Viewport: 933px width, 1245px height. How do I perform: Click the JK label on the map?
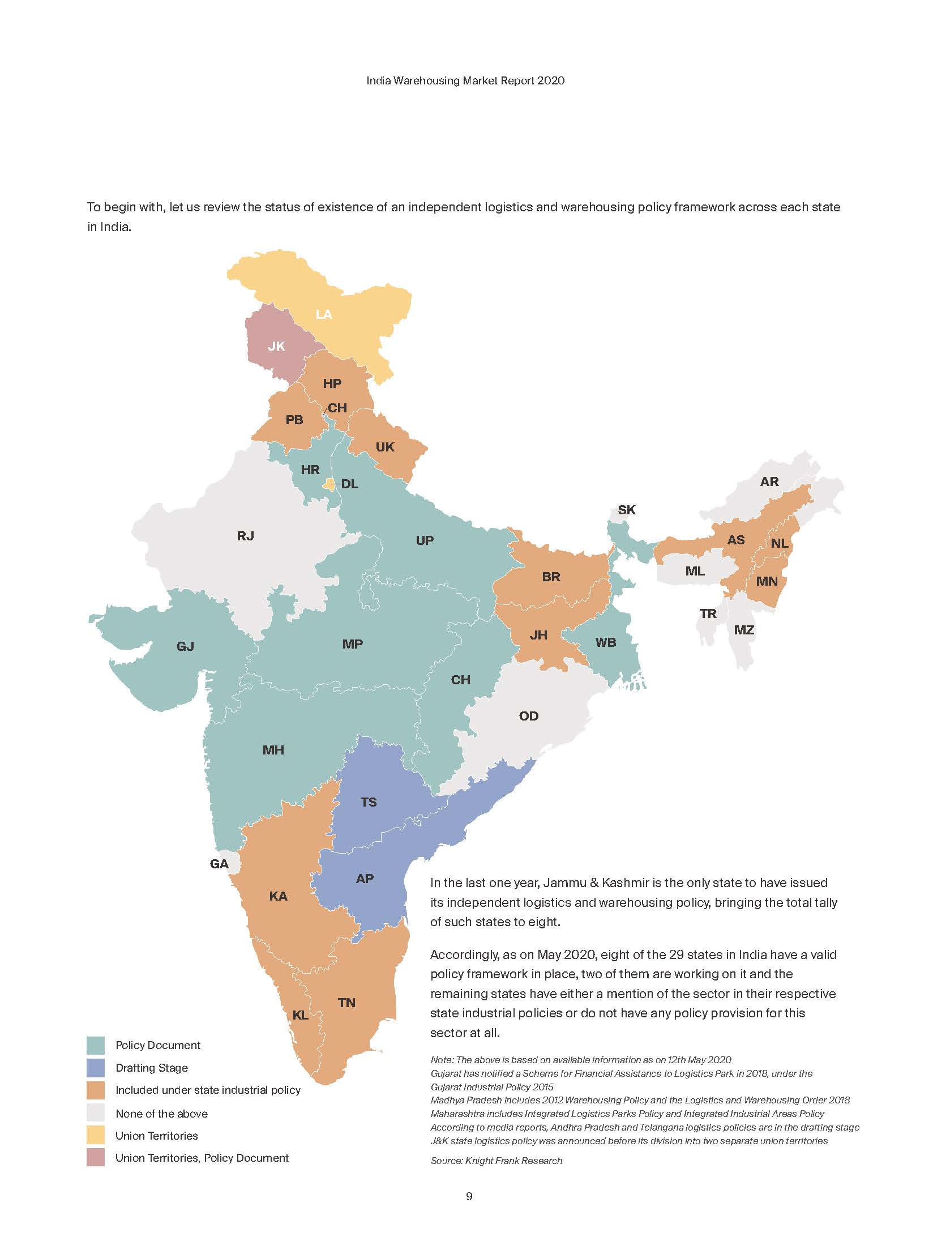pos(276,346)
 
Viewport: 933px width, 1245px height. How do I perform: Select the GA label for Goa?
pos(219,864)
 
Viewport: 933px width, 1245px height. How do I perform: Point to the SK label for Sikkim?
pos(626,510)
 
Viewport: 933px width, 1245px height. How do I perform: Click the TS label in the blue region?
pos(369,802)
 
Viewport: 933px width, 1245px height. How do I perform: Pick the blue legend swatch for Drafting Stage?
pos(96,1068)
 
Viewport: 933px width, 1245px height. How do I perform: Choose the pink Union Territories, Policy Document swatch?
pos(96,1158)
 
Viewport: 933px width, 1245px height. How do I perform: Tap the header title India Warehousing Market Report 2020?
pos(465,80)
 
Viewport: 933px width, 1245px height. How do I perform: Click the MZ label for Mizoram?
pos(744,630)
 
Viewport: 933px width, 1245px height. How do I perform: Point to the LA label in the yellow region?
pos(324,314)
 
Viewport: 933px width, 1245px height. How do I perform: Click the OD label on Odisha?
pos(529,716)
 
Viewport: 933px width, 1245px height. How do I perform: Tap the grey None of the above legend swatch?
pos(96,1113)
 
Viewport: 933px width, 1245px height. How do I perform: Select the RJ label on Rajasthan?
pos(246,536)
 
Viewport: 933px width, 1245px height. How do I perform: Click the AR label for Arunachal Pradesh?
pos(769,481)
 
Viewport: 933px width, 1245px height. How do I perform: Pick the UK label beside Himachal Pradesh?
pos(385,447)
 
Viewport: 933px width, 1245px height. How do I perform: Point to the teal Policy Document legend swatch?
pos(96,1045)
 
